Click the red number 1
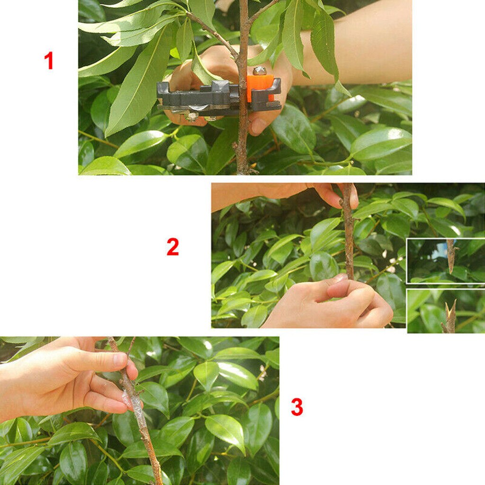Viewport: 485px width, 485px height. (49, 61)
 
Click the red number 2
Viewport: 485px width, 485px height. (173, 247)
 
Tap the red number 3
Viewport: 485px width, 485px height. (297, 407)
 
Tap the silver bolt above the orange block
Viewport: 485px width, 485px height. (259, 71)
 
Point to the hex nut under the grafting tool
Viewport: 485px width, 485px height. (192, 116)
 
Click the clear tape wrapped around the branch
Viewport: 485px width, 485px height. (134, 403)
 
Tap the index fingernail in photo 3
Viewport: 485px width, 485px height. (119, 360)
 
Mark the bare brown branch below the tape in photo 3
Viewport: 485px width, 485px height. (151, 455)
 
